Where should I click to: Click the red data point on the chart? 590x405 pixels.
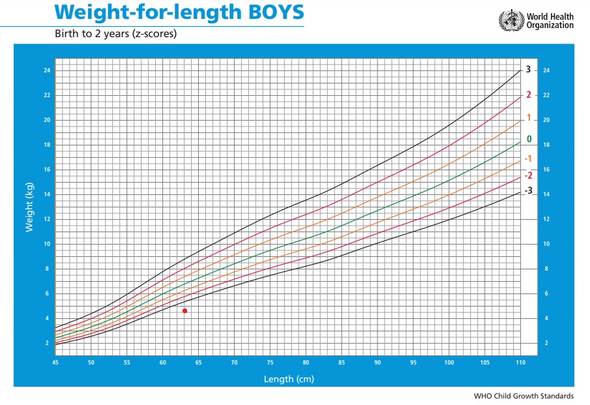pyautogui.click(x=185, y=311)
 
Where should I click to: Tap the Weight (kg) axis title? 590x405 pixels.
pyautogui.click(x=29, y=208)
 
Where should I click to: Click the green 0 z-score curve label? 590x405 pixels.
pyautogui.click(x=529, y=139)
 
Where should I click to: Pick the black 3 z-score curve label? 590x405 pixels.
pyautogui.click(x=528, y=70)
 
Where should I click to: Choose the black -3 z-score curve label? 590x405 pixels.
pyautogui.click(x=529, y=190)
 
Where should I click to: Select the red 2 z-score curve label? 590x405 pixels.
pyautogui.click(x=528, y=95)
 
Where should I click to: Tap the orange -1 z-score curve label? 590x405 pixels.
pyautogui.click(x=528, y=159)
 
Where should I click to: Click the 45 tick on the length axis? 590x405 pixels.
pyautogui.click(x=55, y=362)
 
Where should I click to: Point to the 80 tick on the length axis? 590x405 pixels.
pyautogui.click(x=306, y=362)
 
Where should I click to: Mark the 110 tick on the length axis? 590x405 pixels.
pyautogui.click(x=520, y=362)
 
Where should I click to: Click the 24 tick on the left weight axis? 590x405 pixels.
pyautogui.click(x=47, y=70)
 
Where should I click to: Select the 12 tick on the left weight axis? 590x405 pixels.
pyautogui.click(x=47, y=219)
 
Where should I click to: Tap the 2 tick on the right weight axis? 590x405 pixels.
pyautogui.click(x=545, y=343)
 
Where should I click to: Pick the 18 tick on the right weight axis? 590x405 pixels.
pyautogui.click(x=546, y=145)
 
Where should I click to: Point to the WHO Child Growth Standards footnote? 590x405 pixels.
pyautogui.click(x=524, y=396)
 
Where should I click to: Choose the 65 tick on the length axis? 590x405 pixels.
pyautogui.click(x=198, y=362)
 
